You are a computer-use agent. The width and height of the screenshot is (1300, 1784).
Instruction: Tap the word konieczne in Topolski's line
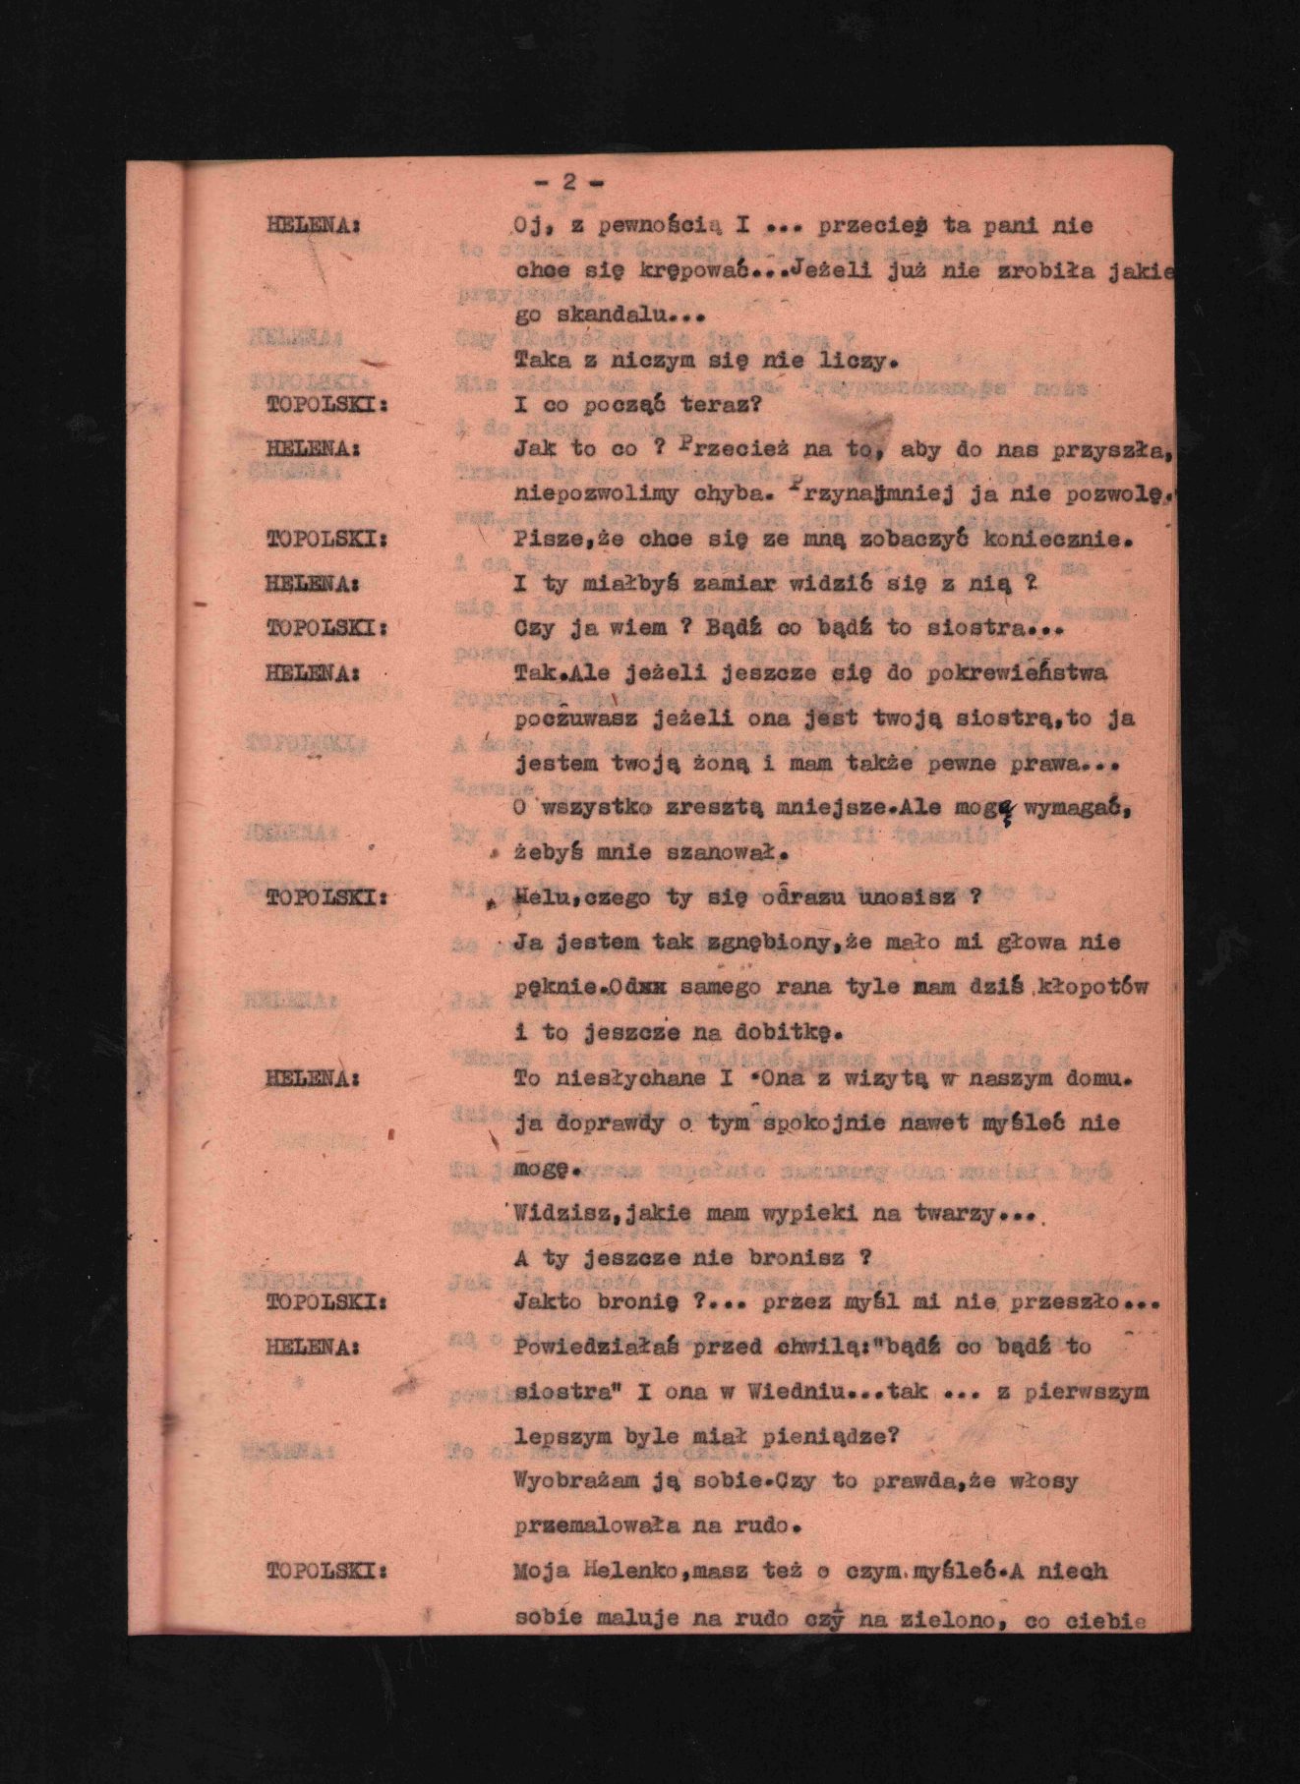[1045, 539]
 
